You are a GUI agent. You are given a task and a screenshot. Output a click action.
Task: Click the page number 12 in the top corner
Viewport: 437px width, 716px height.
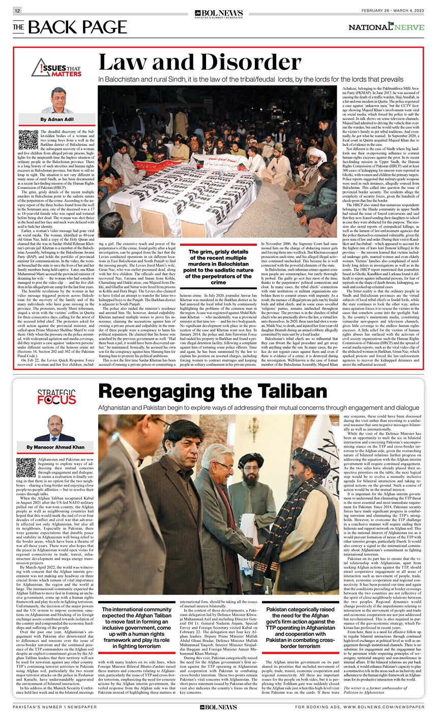pos(17,11)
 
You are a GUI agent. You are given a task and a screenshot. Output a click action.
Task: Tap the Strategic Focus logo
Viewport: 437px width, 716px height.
pos(56,397)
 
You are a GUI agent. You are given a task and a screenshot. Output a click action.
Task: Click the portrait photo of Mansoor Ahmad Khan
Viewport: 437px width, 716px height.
pos(55,429)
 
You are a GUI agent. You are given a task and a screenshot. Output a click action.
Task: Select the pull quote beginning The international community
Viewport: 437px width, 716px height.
pos(136,627)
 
